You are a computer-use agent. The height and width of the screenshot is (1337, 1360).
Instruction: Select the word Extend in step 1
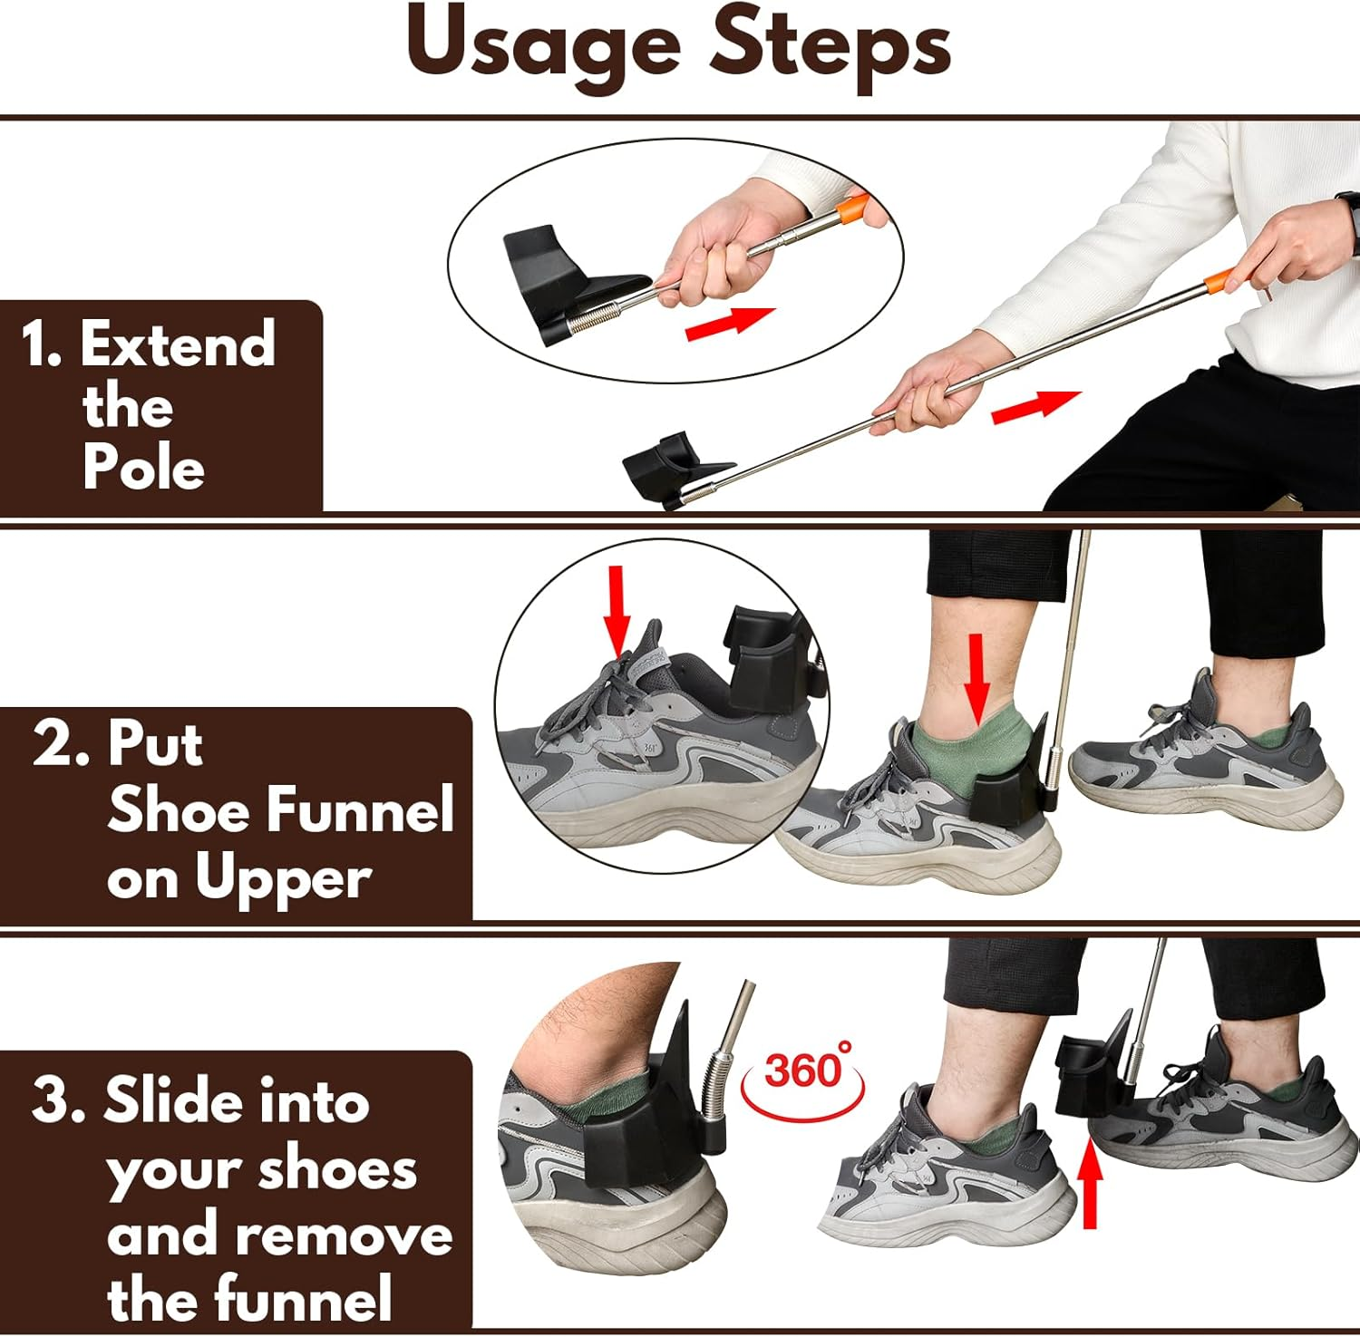[x=178, y=344]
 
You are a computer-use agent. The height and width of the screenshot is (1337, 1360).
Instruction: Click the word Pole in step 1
[x=143, y=468]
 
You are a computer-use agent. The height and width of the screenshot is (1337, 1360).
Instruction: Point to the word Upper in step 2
[x=282, y=879]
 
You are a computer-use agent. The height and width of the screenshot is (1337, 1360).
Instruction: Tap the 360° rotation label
[x=803, y=1071]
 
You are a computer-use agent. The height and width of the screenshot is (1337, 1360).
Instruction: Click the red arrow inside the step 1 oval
[x=729, y=323]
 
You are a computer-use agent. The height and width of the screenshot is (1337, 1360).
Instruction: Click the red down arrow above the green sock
[x=976, y=677]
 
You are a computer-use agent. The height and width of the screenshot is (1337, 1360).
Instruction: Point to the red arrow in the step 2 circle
[x=617, y=608]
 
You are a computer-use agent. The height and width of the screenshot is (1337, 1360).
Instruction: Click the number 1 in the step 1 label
[x=39, y=345]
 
